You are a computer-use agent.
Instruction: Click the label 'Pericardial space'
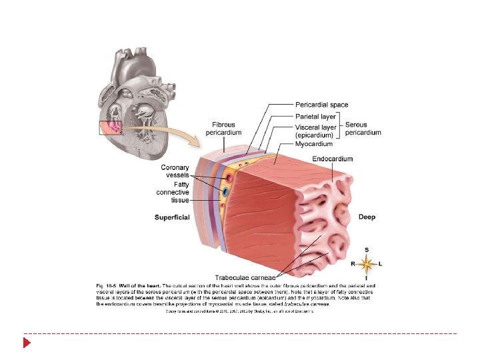point(321,105)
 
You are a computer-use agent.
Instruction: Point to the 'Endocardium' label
point(332,159)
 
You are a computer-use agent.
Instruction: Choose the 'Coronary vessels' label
point(175,171)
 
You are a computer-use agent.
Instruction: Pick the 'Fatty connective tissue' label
point(173,192)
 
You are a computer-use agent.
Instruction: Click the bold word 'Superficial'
point(172,217)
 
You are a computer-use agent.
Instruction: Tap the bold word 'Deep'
point(367,217)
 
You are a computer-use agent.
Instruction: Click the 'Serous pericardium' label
point(363,129)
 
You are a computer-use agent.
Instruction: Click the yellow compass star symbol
point(366,264)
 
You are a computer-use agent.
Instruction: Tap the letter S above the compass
point(366,250)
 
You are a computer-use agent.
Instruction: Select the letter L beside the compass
point(380,265)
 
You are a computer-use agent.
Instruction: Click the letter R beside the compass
point(353,265)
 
